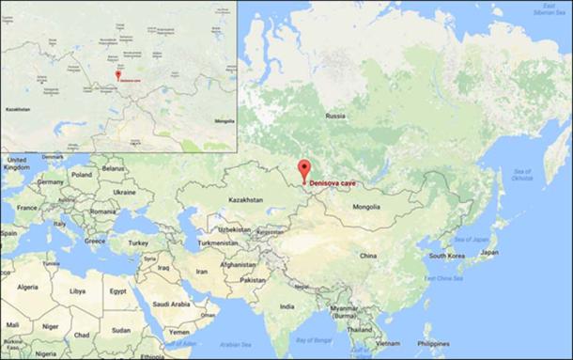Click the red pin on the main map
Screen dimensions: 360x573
tap(302, 170)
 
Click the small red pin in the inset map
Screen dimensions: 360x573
tap(117, 74)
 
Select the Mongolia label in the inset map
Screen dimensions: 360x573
tap(224, 121)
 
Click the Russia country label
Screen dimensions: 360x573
tap(335, 116)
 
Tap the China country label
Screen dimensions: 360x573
tap(367, 255)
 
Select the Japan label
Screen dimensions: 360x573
tap(489, 253)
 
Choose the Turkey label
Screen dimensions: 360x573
tap(140, 243)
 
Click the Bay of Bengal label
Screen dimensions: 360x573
tap(315, 338)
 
